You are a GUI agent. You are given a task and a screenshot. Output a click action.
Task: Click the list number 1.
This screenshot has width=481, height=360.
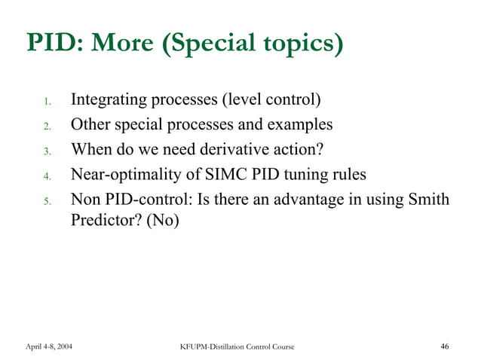click(47, 102)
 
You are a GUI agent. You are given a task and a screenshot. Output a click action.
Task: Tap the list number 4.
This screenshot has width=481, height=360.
click(47, 176)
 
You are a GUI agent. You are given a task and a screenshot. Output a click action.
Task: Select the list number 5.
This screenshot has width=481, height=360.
click(47, 201)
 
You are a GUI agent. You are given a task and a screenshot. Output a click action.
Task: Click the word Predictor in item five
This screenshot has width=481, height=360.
click(103, 222)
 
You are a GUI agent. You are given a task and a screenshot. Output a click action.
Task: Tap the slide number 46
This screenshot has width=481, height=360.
click(444, 346)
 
